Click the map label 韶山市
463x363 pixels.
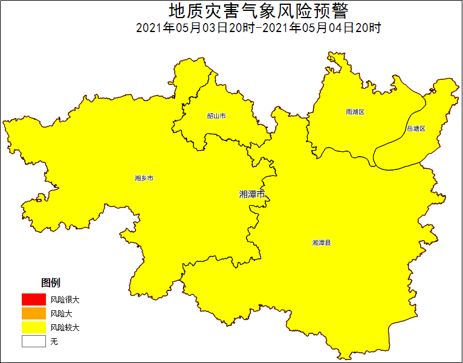point(216,116)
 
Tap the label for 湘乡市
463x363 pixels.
point(144,178)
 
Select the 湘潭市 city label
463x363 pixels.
point(252,194)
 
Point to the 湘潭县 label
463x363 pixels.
point(322,243)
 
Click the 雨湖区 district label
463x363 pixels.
point(355,112)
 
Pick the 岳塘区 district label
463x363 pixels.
point(416,129)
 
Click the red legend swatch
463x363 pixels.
point(34,299)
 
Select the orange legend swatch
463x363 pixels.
point(34,313)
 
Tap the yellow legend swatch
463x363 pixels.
point(34,327)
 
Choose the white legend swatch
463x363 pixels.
point(34,341)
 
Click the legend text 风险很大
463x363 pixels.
point(65,299)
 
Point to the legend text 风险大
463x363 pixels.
point(61,313)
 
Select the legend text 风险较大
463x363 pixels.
point(65,327)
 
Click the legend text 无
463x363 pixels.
point(54,342)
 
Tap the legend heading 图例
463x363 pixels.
point(50,283)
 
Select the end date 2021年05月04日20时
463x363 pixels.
point(321,28)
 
